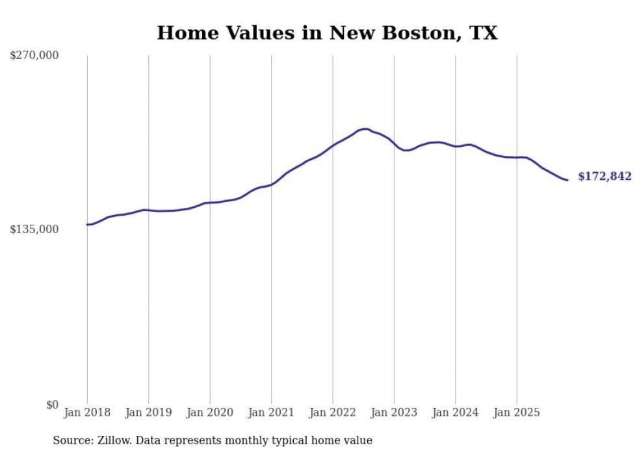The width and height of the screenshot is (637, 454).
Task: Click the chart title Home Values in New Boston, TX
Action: [327, 32]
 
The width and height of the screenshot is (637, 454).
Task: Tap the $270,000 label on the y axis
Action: [34, 56]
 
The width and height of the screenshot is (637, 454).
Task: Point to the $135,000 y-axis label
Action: [34, 229]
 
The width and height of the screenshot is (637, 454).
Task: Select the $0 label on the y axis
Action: [52, 405]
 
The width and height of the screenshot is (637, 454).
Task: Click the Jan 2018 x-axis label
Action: [87, 412]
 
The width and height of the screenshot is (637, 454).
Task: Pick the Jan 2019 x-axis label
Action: [148, 412]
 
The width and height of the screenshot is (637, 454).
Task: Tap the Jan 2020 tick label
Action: [210, 412]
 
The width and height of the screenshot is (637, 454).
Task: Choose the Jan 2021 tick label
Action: [271, 412]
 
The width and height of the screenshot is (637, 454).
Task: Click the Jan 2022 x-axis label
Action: [333, 412]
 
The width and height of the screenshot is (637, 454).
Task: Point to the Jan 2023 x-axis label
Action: [394, 412]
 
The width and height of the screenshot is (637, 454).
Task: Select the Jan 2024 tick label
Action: [456, 412]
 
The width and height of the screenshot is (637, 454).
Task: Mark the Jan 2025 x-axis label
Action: [517, 412]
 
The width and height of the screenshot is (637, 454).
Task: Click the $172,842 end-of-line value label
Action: [604, 177]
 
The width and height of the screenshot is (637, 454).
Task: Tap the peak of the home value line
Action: [365, 129]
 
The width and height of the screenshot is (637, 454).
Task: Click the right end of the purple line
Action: [567, 180]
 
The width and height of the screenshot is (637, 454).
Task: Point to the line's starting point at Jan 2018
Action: [88, 225]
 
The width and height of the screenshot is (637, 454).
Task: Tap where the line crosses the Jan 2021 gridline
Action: [272, 184]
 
